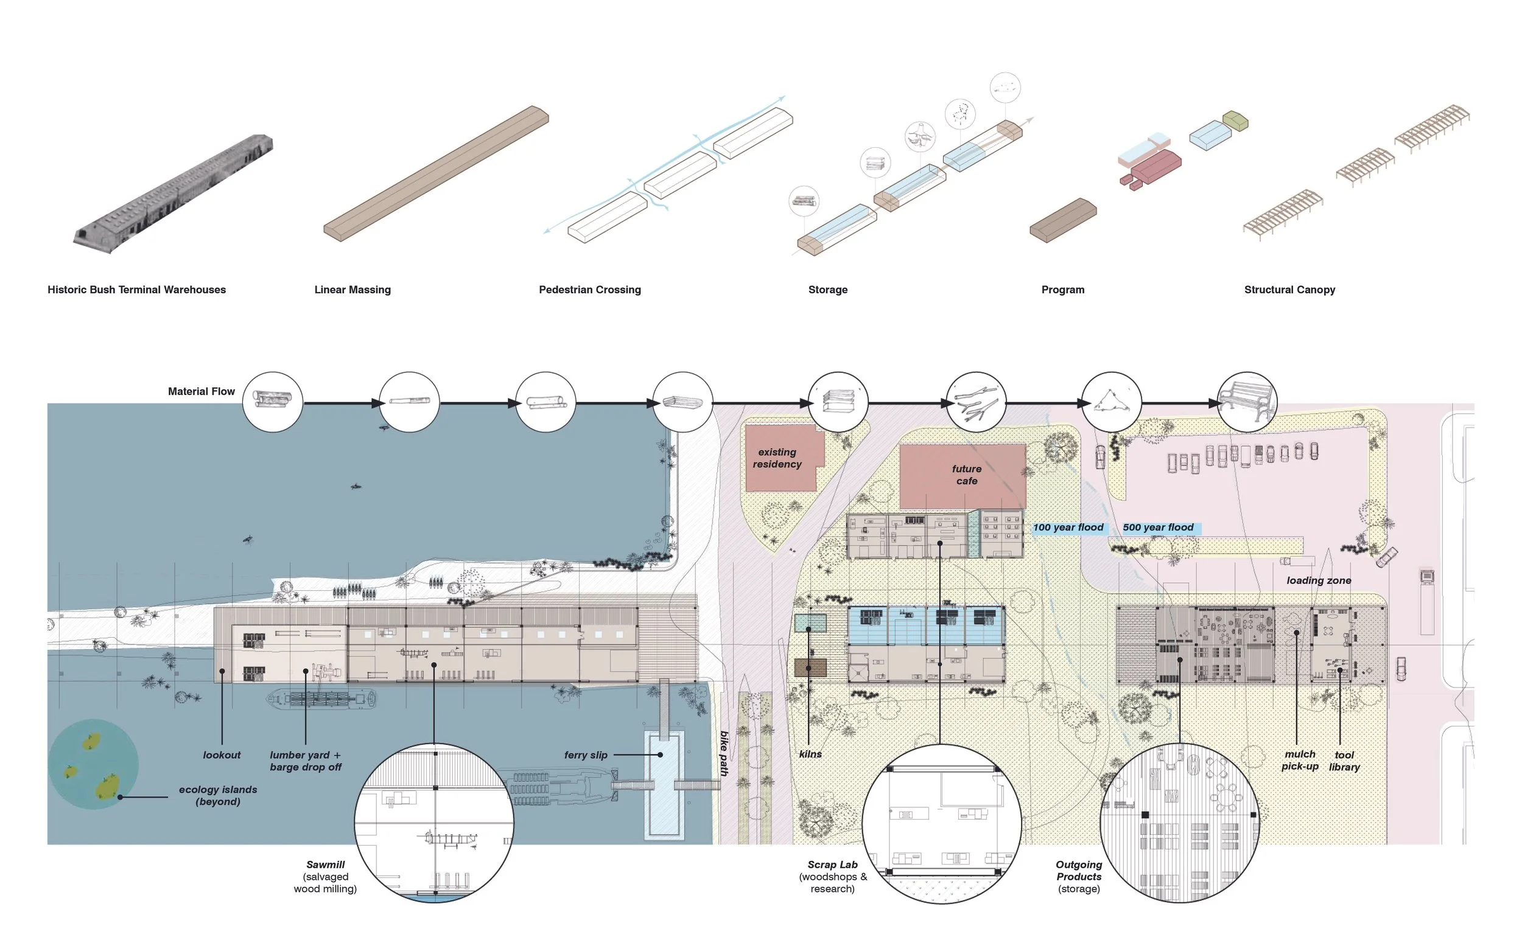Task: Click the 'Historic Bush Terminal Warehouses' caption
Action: (x=136, y=290)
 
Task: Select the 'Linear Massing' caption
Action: (x=352, y=290)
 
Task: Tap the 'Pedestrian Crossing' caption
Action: (x=589, y=290)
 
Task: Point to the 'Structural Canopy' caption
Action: (x=1289, y=290)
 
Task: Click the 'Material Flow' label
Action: (x=202, y=391)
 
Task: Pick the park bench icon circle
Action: (x=1247, y=402)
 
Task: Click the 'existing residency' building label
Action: (x=777, y=458)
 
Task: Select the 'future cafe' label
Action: (x=966, y=475)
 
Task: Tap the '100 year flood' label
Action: (x=1068, y=528)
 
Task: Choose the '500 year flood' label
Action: (x=1158, y=528)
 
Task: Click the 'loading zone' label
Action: (x=1319, y=580)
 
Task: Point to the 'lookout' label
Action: (x=222, y=754)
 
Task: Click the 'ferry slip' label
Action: (x=586, y=754)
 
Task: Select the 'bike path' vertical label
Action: (x=724, y=753)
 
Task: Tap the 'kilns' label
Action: (x=810, y=754)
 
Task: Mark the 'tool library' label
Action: (x=1344, y=761)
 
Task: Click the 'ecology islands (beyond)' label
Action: (x=218, y=796)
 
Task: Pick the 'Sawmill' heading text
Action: (x=325, y=865)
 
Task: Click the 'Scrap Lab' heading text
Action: (x=832, y=865)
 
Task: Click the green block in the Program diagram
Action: (x=1235, y=120)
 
